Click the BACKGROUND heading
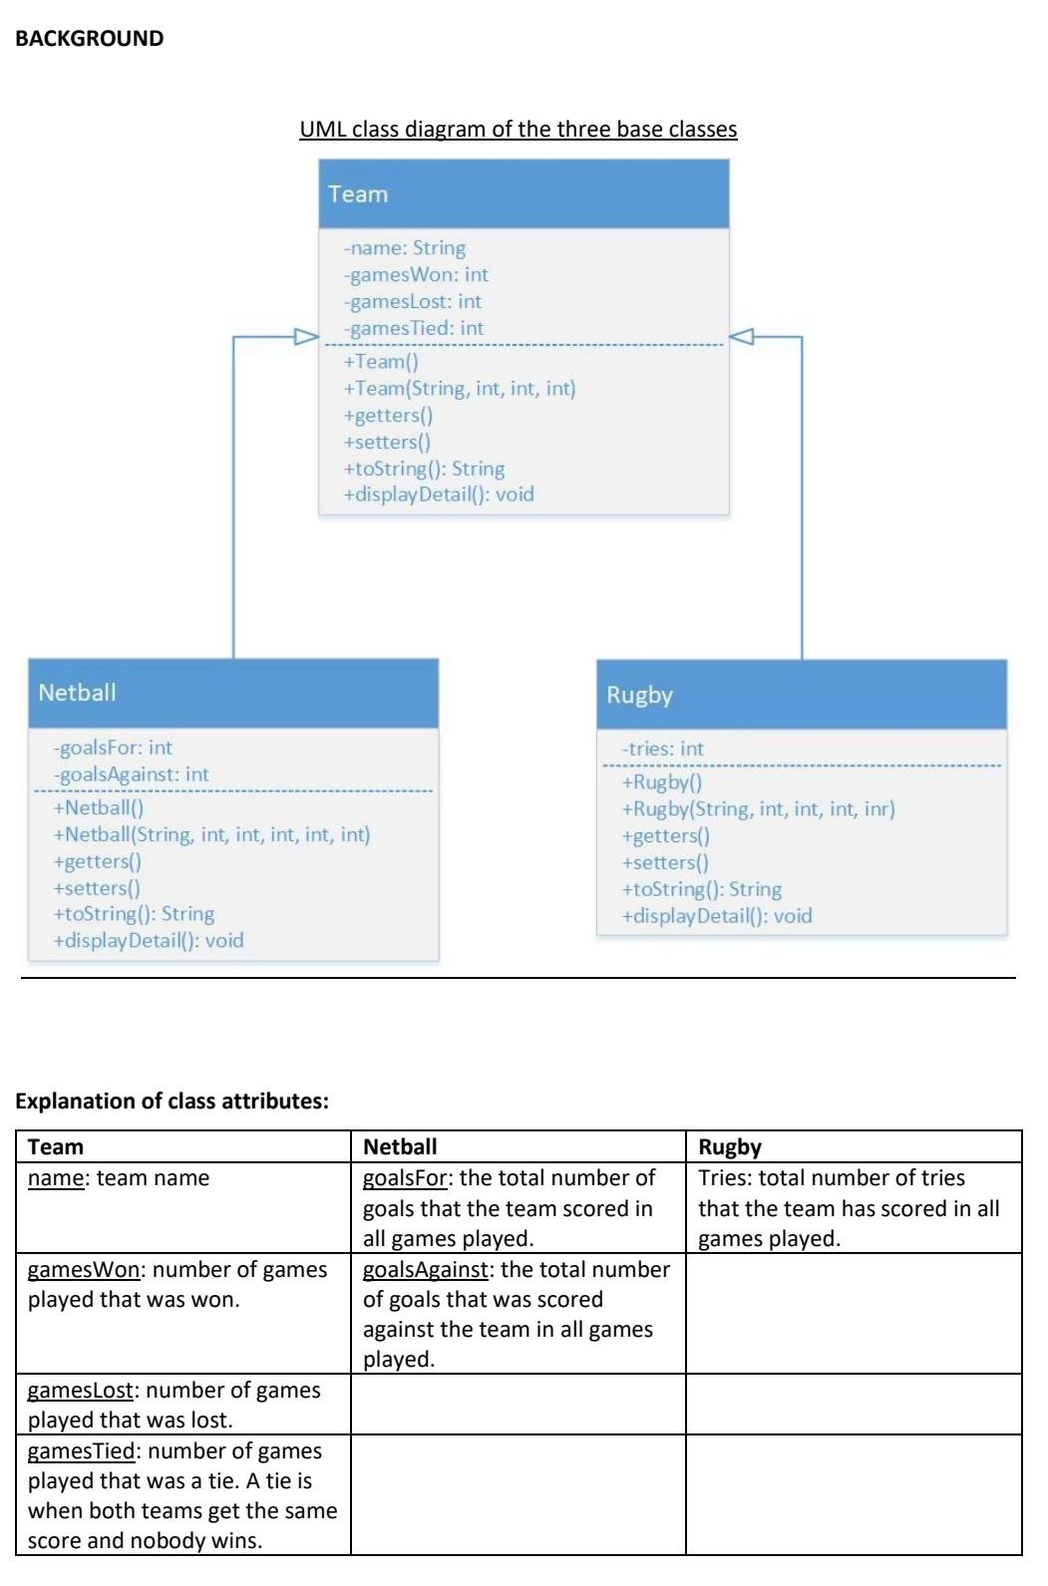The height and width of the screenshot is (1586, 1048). coord(89,39)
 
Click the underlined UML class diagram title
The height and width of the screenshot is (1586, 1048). coord(518,130)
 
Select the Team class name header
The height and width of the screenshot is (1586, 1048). coord(358,194)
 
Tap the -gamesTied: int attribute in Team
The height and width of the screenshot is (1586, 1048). coord(414,328)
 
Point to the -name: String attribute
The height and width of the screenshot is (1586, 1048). coord(405,248)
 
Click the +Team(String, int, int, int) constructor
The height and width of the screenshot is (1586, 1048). coord(460,389)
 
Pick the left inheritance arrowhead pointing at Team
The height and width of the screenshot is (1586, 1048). coord(305,337)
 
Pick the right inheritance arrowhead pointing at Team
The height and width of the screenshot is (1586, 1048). coord(743,337)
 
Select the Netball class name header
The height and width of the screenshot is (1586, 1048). coord(78,693)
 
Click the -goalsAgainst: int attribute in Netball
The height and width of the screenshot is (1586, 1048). coord(132,775)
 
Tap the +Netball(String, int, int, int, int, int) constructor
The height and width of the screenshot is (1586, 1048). coord(211,834)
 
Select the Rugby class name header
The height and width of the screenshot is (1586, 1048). coord(639,695)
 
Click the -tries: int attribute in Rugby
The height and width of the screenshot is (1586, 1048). coord(662,749)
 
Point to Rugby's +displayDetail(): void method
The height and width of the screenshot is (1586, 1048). coord(717,916)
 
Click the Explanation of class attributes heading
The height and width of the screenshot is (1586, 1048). coord(172,1102)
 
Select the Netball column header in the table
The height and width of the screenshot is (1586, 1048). coord(400,1147)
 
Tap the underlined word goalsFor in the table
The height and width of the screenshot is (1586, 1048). coord(405,1178)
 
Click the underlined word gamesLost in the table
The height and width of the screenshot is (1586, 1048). coord(80,1391)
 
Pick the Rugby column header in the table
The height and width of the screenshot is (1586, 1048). coord(729,1147)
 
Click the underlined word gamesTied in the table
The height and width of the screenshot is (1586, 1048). coord(81,1451)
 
